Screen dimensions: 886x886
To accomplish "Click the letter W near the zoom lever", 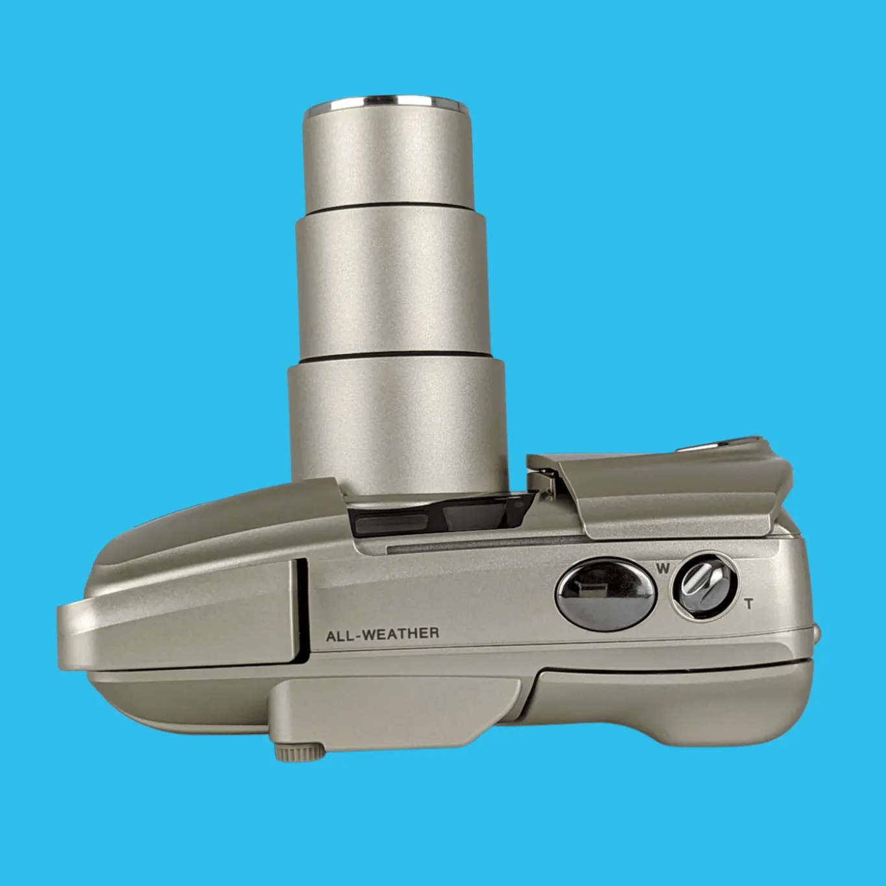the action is tap(662, 569).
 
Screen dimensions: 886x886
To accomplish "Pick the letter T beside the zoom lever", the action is tap(749, 604).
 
